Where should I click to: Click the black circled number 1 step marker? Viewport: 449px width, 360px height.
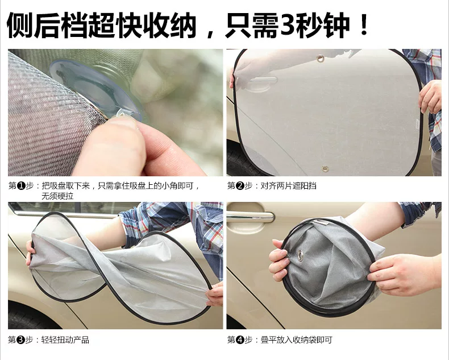point(21,186)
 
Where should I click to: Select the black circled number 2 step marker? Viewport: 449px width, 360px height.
point(240,186)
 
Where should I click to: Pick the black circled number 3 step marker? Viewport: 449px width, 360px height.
point(21,340)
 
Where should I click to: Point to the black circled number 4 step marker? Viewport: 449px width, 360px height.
point(240,340)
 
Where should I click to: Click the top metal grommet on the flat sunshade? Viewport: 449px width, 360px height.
point(320,59)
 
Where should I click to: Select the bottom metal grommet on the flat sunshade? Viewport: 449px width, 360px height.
point(325,168)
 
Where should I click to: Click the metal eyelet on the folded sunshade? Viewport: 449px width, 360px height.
point(300,256)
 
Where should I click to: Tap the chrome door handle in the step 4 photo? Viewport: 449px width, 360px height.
point(251,217)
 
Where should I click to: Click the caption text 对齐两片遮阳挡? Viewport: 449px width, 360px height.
point(288,186)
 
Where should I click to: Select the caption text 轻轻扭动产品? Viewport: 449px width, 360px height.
point(65,340)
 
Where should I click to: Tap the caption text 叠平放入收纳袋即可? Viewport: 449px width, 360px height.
point(296,340)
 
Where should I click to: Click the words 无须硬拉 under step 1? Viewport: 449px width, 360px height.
point(57,196)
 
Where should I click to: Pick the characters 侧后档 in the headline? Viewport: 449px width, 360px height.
point(47,25)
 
